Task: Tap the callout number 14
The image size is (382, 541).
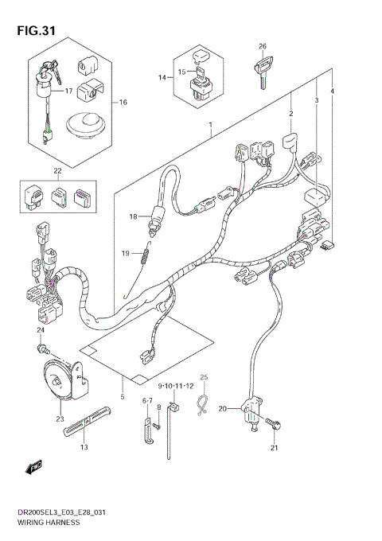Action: tap(162, 77)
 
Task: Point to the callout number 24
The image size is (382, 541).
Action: tap(39, 330)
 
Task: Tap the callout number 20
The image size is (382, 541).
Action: tap(223, 408)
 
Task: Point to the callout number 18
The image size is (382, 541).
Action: tap(134, 216)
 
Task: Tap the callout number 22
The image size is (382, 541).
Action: tap(57, 170)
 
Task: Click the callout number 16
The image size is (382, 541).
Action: tap(123, 103)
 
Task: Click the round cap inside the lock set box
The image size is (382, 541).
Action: tap(84, 123)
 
